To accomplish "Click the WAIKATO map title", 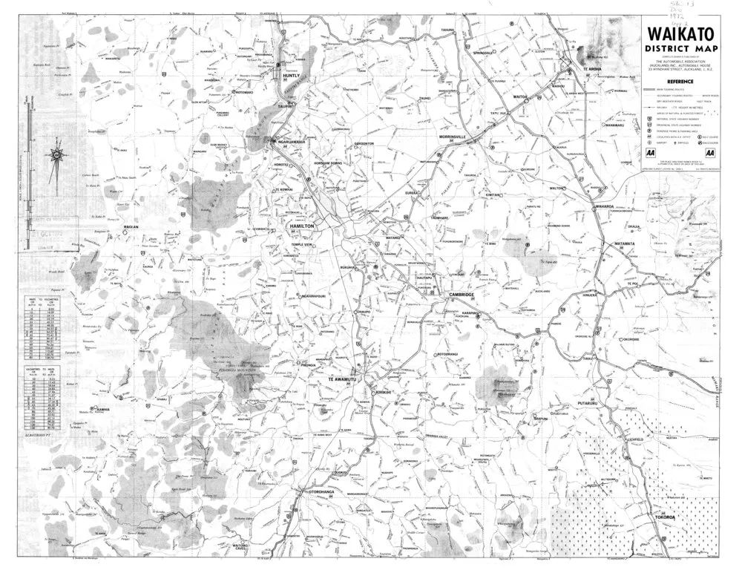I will pyautogui.click(x=678, y=34).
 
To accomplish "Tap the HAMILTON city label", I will pyautogui.click(x=303, y=225).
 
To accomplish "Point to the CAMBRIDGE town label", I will pyautogui.click(x=461, y=295).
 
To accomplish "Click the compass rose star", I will pyautogui.click(x=56, y=155).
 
